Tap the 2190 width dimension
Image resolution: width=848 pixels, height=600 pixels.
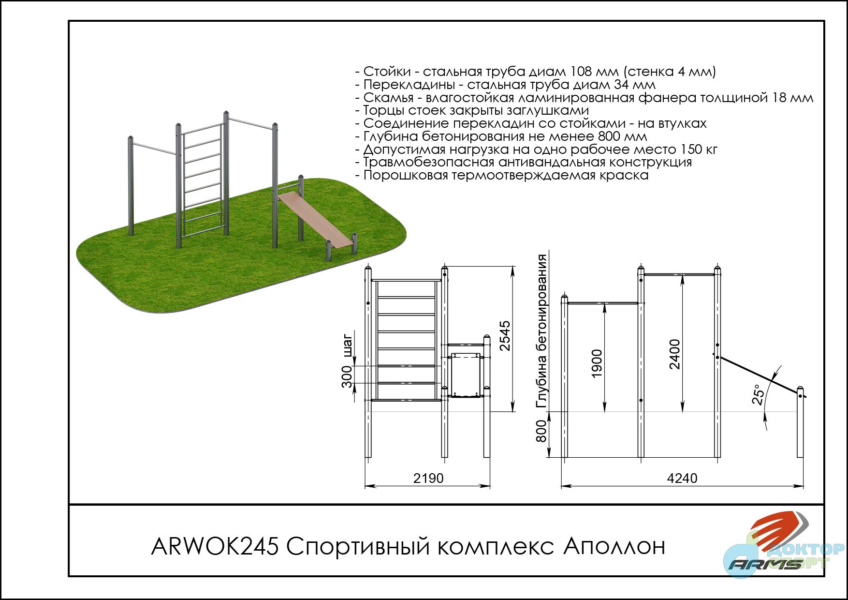pyautogui.click(x=428, y=478)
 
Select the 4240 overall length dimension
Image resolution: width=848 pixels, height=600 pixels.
pyautogui.click(x=682, y=478)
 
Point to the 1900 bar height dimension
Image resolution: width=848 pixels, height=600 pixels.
pyautogui.click(x=597, y=364)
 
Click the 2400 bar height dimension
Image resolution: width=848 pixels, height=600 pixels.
pyautogui.click(x=674, y=354)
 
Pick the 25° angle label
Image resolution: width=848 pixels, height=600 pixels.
pyautogui.click(x=759, y=394)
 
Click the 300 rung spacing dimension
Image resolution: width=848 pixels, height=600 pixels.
pyautogui.click(x=347, y=377)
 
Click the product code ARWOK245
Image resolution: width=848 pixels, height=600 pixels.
pyautogui.click(x=215, y=547)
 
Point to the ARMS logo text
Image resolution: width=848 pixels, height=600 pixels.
pyautogui.click(x=765, y=564)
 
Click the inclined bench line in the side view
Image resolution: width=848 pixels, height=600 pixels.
pyautogui.click(x=759, y=375)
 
